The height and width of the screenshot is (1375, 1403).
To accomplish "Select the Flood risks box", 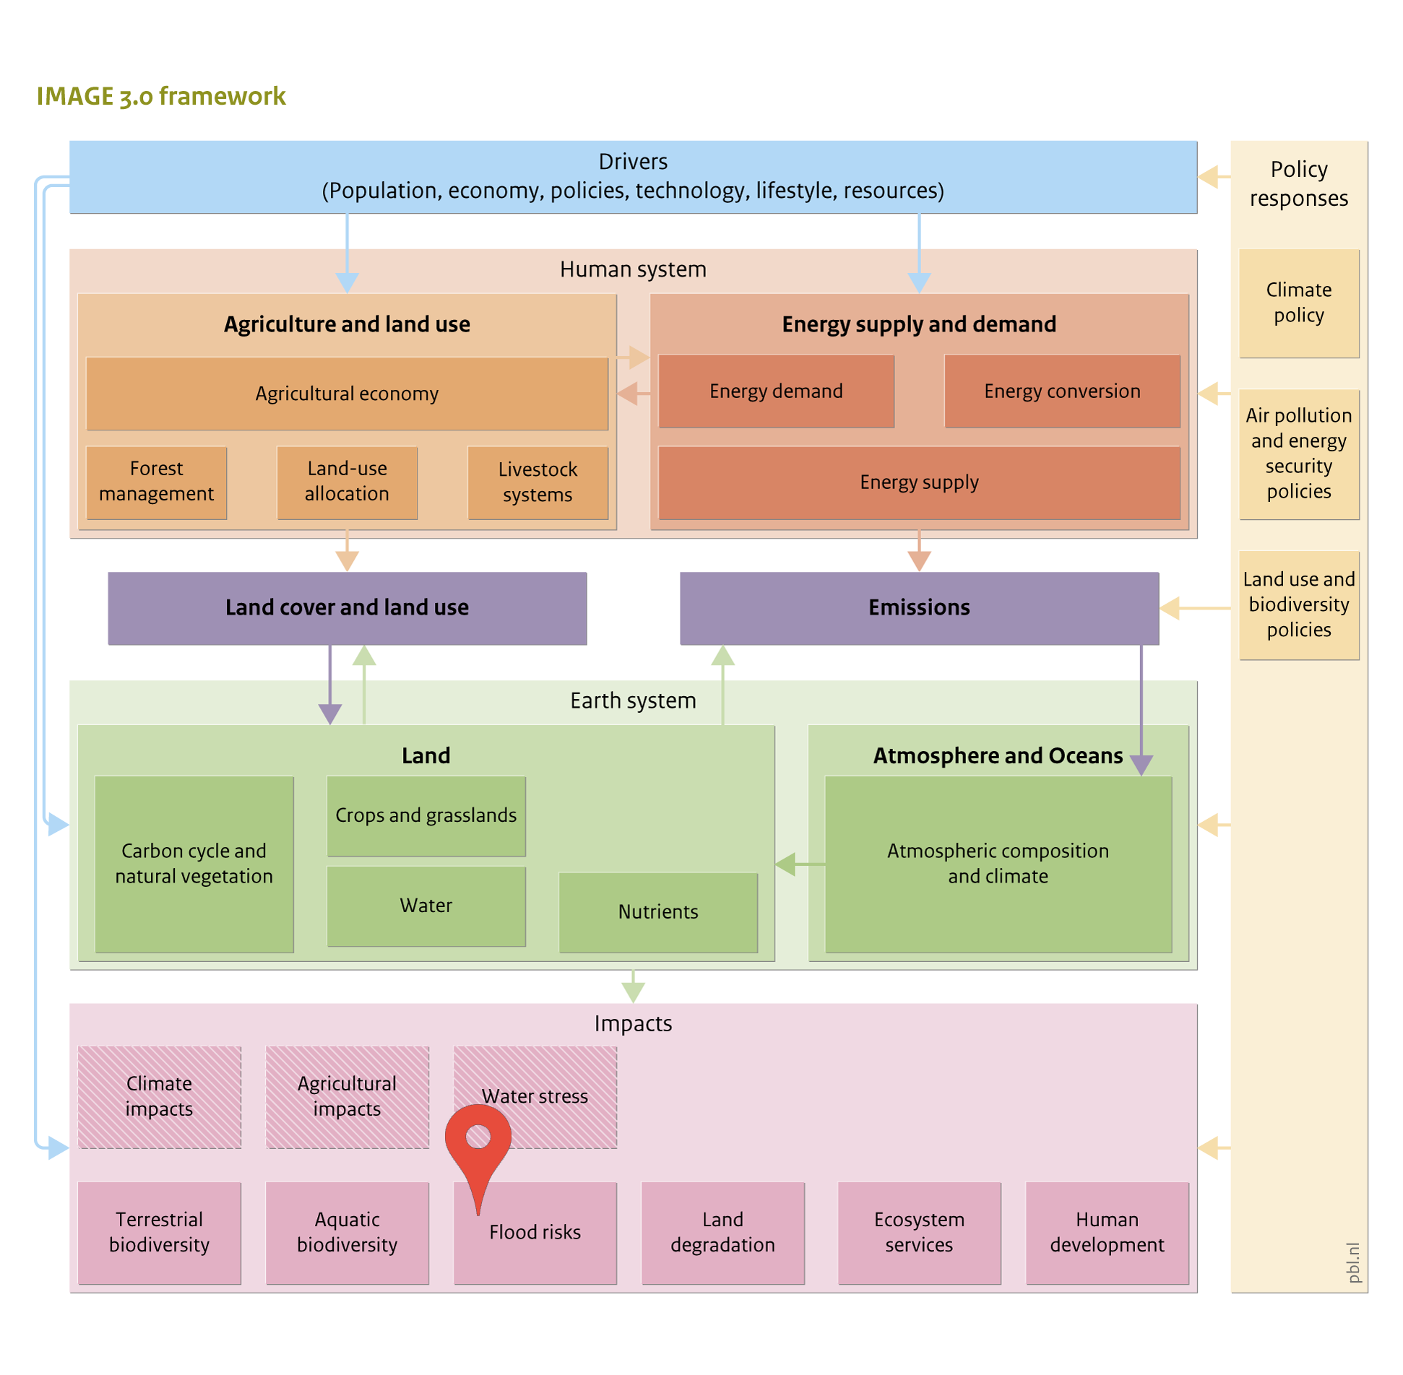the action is click(535, 1233).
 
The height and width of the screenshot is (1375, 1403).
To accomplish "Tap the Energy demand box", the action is click(776, 391).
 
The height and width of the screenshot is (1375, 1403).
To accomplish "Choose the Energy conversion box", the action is click(1062, 391).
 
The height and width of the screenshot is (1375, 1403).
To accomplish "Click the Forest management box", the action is click(157, 482).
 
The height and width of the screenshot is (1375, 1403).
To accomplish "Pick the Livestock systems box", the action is click(538, 482).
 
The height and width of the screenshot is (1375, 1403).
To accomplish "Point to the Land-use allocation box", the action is click(347, 482).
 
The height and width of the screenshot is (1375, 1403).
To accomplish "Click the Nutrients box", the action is click(658, 912).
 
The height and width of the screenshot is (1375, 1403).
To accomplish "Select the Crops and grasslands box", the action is click(426, 816).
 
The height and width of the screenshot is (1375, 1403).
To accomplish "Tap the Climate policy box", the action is click(1299, 303).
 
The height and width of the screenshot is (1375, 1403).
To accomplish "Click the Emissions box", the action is click(919, 608).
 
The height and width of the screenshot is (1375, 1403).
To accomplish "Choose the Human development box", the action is click(1107, 1233).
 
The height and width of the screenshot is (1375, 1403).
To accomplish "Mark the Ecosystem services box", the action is click(919, 1233).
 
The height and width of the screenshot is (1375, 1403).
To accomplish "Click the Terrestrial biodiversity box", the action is click(160, 1233).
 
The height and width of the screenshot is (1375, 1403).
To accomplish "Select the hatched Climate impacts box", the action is click(160, 1097).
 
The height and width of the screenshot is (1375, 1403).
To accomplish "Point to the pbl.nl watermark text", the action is click(1353, 1262).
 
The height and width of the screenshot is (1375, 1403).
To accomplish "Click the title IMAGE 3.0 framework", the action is click(161, 96).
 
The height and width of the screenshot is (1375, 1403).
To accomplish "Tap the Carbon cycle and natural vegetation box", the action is click(194, 864).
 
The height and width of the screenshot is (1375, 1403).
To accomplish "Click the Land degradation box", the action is click(722, 1233).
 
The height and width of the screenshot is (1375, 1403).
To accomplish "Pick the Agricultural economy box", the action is click(347, 394).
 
